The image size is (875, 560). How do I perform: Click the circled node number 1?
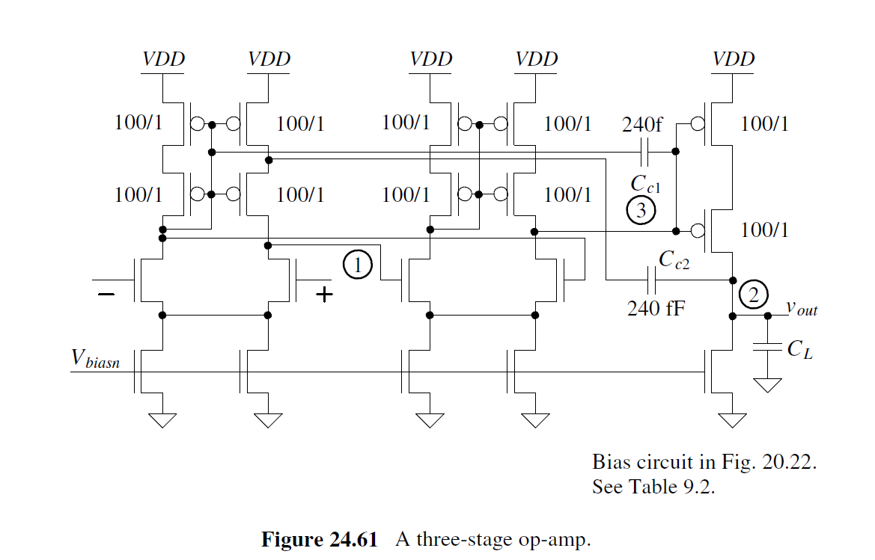(x=358, y=264)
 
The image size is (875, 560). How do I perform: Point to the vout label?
(x=801, y=307)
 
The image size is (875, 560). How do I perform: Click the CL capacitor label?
(x=800, y=348)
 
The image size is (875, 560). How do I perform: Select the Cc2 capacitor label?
(x=674, y=259)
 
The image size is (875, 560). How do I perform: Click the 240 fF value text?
(x=656, y=307)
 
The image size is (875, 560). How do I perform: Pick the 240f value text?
(x=642, y=124)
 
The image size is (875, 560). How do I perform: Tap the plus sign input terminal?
(x=324, y=295)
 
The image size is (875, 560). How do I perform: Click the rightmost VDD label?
(x=734, y=59)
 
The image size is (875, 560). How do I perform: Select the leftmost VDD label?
(x=163, y=59)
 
